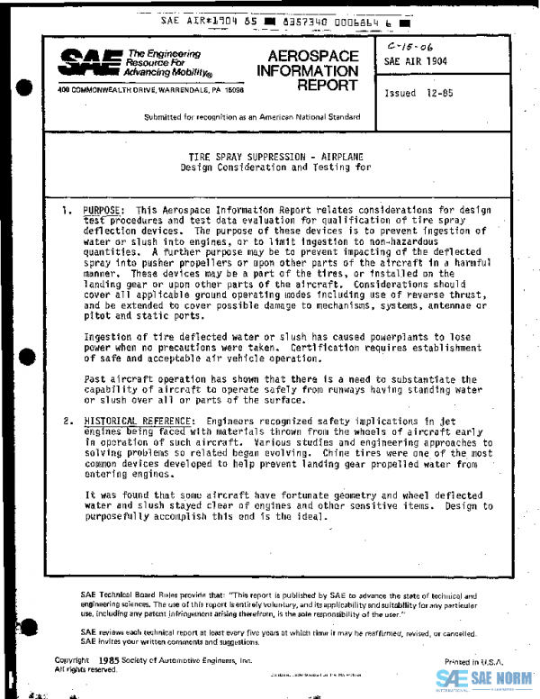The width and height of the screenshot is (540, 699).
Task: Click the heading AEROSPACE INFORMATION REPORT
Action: point(308,70)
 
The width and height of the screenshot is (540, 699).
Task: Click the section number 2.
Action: point(67,421)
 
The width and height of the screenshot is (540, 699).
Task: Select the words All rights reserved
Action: point(85,669)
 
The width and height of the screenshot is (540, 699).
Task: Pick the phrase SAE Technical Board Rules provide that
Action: point(154,596)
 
